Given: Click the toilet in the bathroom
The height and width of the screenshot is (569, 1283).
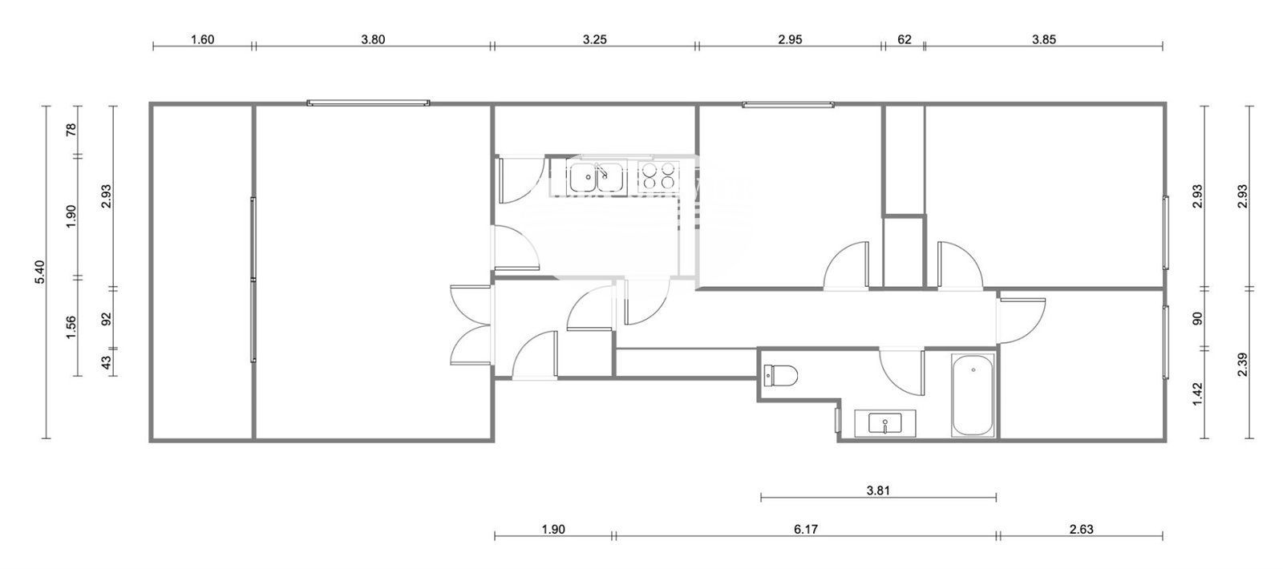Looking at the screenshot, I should [x=781, y=375].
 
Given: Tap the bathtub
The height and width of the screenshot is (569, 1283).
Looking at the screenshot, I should [x=973, y=394].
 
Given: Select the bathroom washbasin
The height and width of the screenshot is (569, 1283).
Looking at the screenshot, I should [x=884, y=424].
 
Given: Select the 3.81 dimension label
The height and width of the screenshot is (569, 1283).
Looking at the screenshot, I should [x=879, y=488].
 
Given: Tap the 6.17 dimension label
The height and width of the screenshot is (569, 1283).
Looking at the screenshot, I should [x=807, y=529].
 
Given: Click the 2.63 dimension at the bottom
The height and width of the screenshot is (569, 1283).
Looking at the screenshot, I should [x=1081, y=529].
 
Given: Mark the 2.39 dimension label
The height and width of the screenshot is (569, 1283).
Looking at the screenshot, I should [x=1242, y=365].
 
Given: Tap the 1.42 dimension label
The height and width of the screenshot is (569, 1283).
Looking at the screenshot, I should [x=1197, y=393].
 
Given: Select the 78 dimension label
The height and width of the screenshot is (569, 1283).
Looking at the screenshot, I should [x=71, y=129].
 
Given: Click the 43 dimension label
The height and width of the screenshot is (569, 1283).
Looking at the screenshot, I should [x=107, y=362].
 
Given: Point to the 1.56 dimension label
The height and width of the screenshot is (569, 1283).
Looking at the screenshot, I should [x=71, y=327].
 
